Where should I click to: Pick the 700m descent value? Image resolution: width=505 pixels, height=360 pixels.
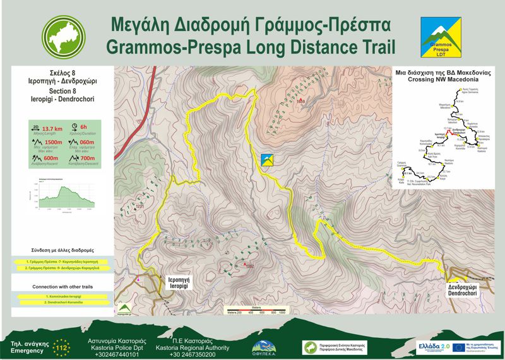tap(88, 159)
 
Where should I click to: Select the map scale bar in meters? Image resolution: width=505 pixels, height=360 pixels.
tap(256, 310)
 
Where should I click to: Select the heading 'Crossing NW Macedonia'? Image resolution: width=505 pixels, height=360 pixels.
tap(441, 80)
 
